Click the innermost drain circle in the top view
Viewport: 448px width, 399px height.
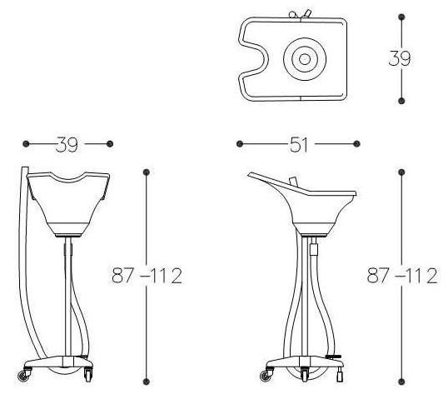[x=305, y=59]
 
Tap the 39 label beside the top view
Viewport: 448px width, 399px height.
[x=400, y=58]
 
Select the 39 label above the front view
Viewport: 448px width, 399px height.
[x=67, y=144]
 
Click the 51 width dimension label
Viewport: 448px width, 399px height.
[x=299, y=145]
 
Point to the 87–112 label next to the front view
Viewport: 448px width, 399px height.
[x=147, y=276]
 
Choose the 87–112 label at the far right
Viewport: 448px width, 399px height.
[x=402, y=276]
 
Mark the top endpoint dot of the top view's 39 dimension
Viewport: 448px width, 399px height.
[x=401, y=17]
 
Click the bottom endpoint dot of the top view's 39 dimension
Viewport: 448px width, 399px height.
[x=401, y=101]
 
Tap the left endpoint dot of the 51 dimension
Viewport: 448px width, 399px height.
[x=240, y=144]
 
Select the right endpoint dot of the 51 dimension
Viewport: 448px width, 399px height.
[x=356, y=144]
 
